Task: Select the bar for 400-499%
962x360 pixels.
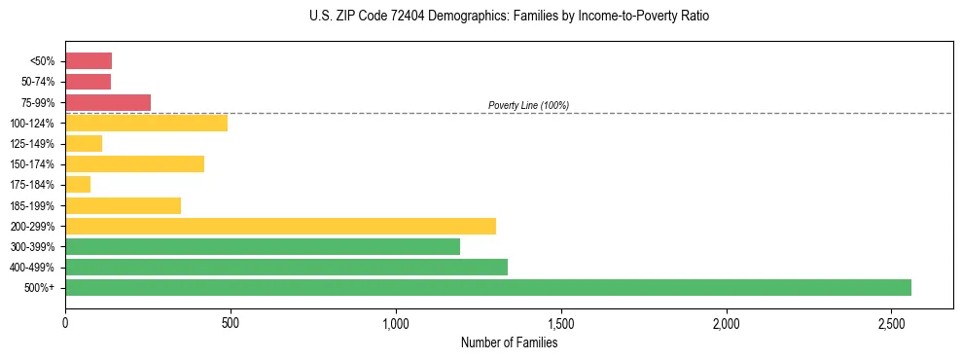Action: pos(286,267)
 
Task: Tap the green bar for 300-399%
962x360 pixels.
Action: pos(263,246)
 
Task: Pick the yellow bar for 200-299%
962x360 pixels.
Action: pos(280,226)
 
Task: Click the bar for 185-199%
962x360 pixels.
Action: pos(123,205)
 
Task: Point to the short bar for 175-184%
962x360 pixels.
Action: pos(78,184)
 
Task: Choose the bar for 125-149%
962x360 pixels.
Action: pos(84,143)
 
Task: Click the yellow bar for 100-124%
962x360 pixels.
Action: pos(146,123)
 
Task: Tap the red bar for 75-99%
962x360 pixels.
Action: pos(108,102)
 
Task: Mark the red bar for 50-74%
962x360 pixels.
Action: pos(88,81)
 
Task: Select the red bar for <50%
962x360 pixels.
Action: pos(89,60)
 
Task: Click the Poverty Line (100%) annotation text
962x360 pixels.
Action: pos(528,105)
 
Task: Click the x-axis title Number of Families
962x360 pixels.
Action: pos(509,342)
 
